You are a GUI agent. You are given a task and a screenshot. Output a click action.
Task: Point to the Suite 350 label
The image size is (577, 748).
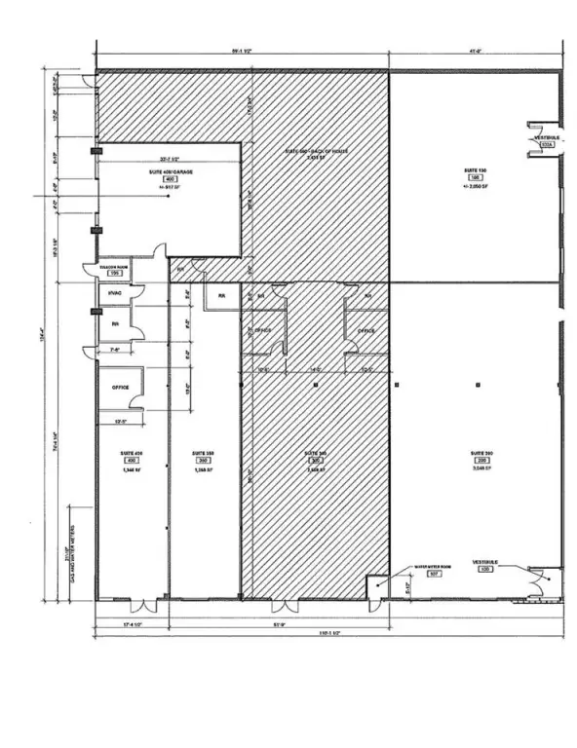[x=203, y=454]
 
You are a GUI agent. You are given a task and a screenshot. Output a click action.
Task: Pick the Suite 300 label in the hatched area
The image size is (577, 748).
[x=314, y=454]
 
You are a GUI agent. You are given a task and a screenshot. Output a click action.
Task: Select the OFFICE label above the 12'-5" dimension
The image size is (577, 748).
[x=121, y=387]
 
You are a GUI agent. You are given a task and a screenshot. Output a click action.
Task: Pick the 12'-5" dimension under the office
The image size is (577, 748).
[x=120, y=423]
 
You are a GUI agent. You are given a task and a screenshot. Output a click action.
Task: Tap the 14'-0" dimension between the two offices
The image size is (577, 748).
[x=314, y=371]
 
